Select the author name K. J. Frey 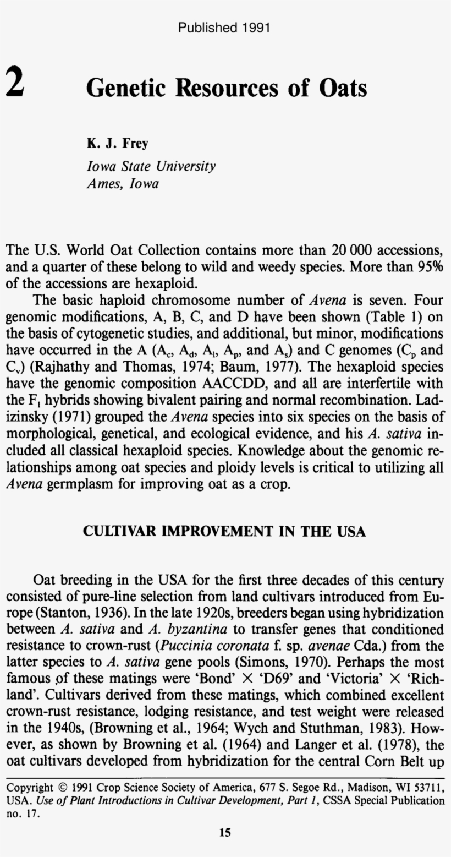117,144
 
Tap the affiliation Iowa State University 151,166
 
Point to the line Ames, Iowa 123,184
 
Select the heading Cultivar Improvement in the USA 224,531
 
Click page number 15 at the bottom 225,832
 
